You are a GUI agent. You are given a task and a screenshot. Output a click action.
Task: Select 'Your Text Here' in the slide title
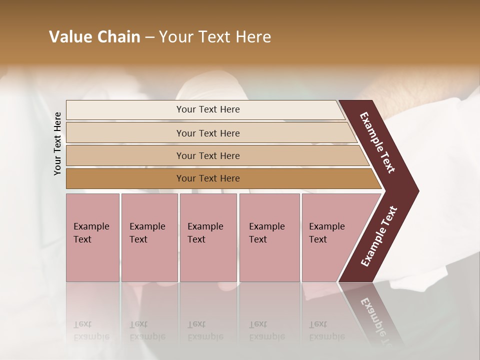point(214,37)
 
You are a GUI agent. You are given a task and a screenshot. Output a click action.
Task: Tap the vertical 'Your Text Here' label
point(58,144)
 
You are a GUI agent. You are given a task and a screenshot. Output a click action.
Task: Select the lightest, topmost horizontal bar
point(207,109)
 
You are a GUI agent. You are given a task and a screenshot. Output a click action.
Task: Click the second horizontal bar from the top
point(207,133)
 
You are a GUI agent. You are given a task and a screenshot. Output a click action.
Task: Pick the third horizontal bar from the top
point(207,155)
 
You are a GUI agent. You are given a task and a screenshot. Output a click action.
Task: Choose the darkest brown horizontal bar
point(207,178)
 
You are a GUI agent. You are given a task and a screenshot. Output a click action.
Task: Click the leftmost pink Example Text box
point(92,237)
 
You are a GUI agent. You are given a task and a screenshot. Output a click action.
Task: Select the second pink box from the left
point(149,237)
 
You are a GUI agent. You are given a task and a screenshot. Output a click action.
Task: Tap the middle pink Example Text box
point(208,237)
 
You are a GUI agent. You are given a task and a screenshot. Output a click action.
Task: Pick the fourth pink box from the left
point(269,237)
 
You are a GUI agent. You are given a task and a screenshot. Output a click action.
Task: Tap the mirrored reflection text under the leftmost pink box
point(91,330)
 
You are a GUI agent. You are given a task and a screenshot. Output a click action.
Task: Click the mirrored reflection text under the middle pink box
point(205,330)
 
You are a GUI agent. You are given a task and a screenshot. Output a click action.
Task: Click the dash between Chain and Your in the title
point(149,37)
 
